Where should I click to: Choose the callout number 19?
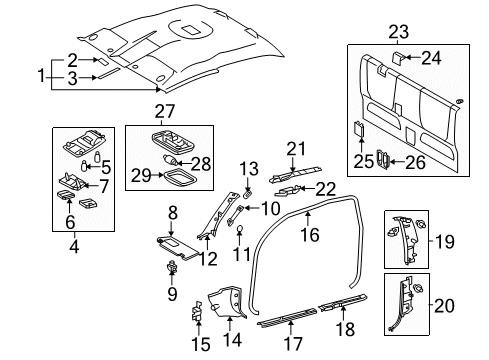(448, 241)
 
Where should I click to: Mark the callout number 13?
(249, 166)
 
